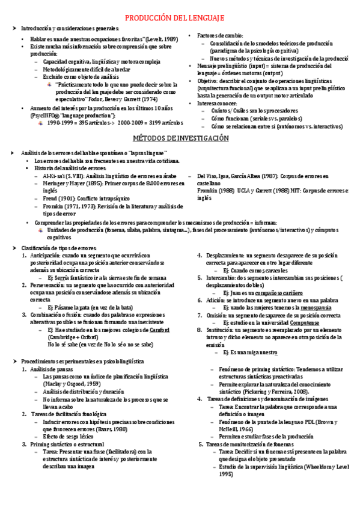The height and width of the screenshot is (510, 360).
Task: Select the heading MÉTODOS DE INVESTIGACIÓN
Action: (x=180, y=138)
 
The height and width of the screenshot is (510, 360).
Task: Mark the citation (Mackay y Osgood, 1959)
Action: (x=72, y=384)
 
